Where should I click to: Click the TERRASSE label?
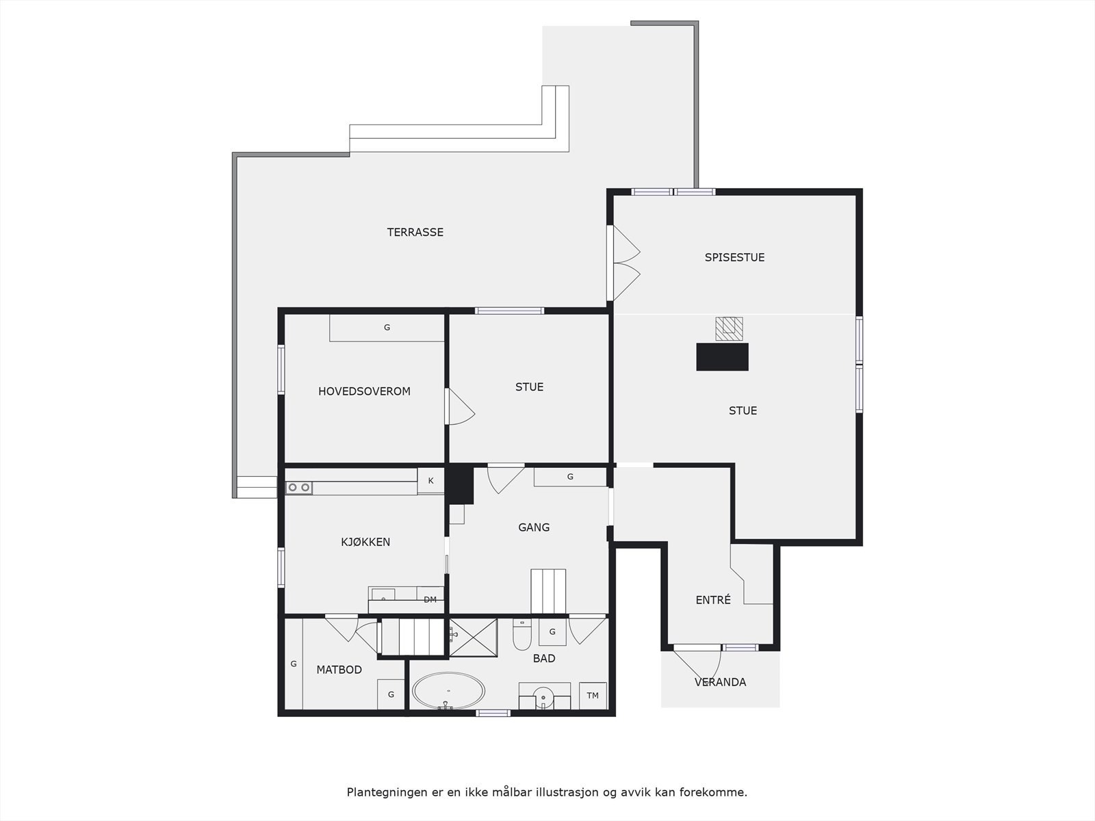click(x=415, y=233)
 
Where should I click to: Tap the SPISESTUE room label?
click(x=734, y=258)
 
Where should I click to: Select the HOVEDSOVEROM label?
click(x=364, y=392)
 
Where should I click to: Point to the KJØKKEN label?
click(x=365, y=542)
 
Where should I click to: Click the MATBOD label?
click(x=339, y=670)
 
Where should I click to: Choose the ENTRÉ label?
click(x=713, y=600)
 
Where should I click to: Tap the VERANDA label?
click(x=721, y=682)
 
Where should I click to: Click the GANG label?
click(x=534, y=527)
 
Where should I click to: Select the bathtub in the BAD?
click(x=448, y=691)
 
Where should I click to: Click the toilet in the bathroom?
click(x=521, y=635)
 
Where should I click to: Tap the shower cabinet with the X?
click(x=473, y=638)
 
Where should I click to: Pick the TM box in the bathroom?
click(x=593, y=696)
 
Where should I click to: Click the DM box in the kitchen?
click(x=430, y=600)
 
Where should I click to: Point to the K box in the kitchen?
click(x=430, y=481)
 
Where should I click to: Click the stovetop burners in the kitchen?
click(x=299, y=488)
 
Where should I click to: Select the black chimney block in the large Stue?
click(x=722, y=357)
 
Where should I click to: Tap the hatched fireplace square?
click(x=729, y=328)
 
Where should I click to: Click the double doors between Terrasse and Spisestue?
click(x=623, y=263)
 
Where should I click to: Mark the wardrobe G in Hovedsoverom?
click(x=387, y=328)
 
